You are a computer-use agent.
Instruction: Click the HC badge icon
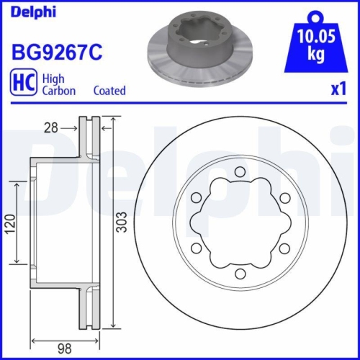click(x=22, y=84)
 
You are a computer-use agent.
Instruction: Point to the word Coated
click(x=109, y=91)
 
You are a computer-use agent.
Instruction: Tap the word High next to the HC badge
click(x=55, y=78)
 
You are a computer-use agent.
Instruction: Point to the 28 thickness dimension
click(x=50, y=128)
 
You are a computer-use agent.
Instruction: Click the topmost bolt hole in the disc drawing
click(x=239, y=171)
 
